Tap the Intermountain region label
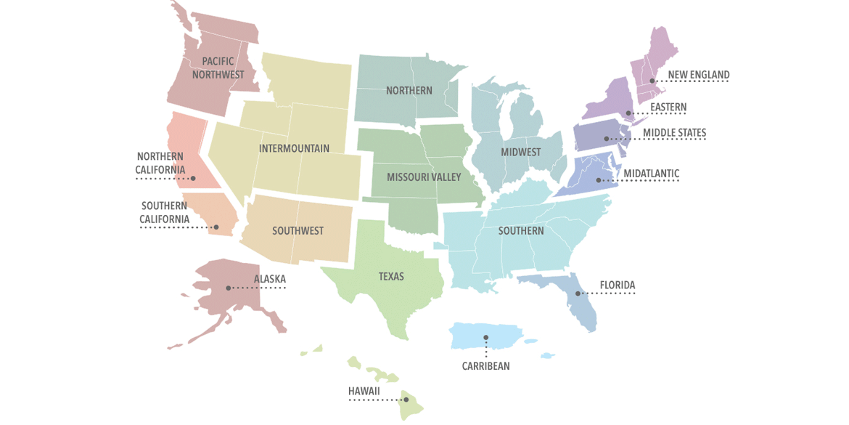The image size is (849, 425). tap(294, 148)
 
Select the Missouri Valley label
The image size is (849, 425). tap(424, 177)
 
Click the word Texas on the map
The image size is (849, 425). tap(391, 277)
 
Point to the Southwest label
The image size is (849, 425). tap(298, 231)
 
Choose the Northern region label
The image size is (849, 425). tap(409, 91)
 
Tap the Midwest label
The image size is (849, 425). tap(520, 153)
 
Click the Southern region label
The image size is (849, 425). tap(520, 231)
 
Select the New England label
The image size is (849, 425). tap(698, 75)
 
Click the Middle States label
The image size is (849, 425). tap(674, 133)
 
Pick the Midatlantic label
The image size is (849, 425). tap(651, 174)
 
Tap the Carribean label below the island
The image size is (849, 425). tap(485, 366)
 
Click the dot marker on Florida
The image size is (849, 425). tap(578, 294)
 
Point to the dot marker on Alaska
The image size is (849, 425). tap(229, 288)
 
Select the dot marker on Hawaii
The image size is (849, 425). tap(406, 400)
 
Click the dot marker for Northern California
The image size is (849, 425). tap(193, 178)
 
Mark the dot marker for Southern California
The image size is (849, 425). tap(216, 227)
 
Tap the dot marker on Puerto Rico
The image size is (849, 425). tap(485, 337)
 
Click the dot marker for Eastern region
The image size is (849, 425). tap(628, 113)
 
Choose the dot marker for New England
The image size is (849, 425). tap(652, 81)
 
